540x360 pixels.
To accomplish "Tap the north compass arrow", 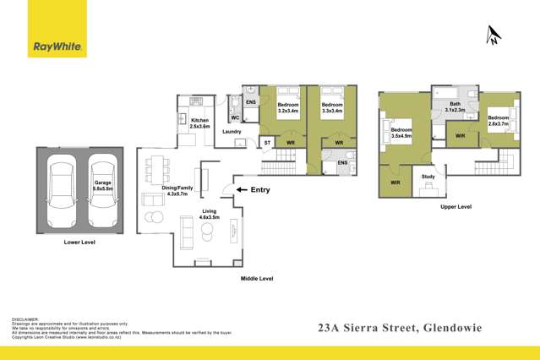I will (x=493, y=35).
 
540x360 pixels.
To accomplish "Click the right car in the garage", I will (x=101, y=191).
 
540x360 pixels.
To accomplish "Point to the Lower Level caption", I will (x=79, y=242).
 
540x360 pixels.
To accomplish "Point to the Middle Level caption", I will (x=257, y=277).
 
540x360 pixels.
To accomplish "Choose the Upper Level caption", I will (x=455, y=206).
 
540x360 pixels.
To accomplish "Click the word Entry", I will (x=259, y=190).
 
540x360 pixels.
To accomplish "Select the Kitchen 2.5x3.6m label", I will (x=199, y=123).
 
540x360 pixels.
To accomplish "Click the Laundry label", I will (x=232, y=132).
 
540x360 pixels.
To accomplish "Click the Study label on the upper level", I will (x=428, y=177).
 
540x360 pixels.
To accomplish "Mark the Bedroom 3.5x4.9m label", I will (x=401, y=133).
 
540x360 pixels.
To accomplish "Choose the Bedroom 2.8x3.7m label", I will (x=498, y=120).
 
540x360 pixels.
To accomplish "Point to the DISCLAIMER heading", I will (x=25, y=319).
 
